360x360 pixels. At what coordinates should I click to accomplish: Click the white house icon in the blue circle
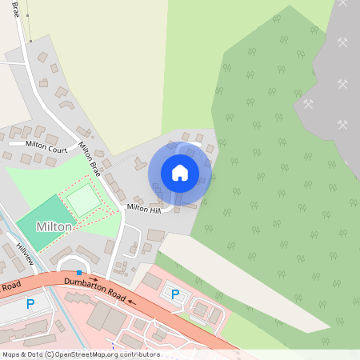[x=180, y=171]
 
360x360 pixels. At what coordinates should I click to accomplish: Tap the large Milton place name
[x=53, y=227]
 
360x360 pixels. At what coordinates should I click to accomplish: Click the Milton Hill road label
[x=144, y=209]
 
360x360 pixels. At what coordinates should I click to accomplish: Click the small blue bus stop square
[x=78, y=273]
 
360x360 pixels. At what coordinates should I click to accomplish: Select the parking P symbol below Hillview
[x=30, y=303]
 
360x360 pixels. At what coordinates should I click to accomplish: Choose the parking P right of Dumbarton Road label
[x=175, y=294]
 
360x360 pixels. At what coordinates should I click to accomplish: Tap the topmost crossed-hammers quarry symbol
[x=342, y=42]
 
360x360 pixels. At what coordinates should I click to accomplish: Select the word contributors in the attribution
[x=139, y=354]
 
